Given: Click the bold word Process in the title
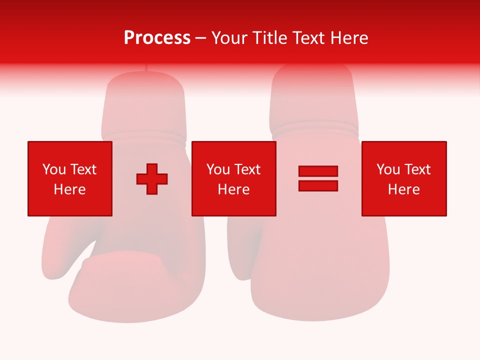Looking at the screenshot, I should (x=157, y=38).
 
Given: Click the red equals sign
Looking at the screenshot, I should (x=318, y=178).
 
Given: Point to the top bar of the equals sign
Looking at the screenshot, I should (x=318, y=171).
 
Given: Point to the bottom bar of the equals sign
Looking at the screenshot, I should (x=318, y=185).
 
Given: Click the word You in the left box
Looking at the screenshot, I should (x=53, y=169).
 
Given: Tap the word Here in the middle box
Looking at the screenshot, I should (x=233, y=189).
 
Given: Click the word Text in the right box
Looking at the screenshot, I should (x=416, y=169).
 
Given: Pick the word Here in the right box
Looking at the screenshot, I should (x=403, y=189).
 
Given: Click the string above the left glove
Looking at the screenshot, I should (x=146, y=69).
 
